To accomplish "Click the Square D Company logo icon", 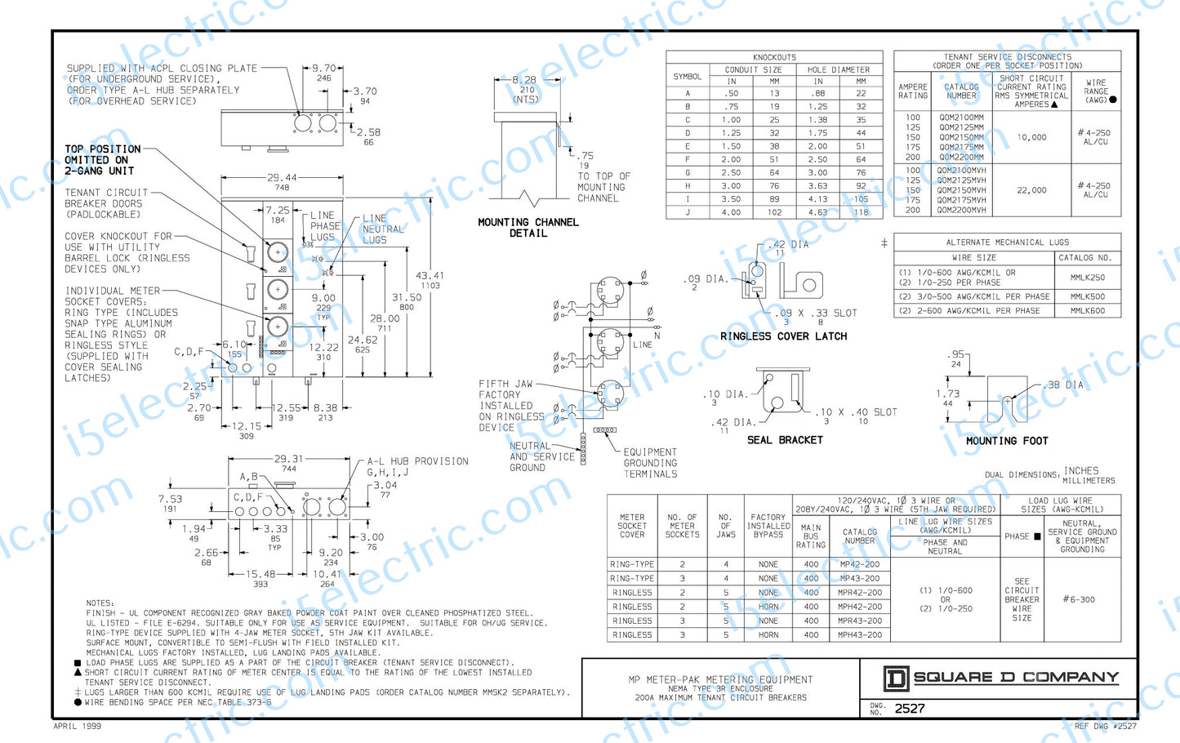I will [x=896, y=678].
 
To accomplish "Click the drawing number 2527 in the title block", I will [x=910, y=709].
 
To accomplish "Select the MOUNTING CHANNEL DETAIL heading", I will [x=528, y=228].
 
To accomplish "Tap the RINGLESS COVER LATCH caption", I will [x=783, y=336].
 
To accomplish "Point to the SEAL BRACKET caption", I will [x=785, y=440].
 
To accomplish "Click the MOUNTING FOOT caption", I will [x=1007, y=441].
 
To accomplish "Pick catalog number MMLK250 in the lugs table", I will [x=1087, y=278].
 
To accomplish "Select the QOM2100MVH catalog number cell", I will [x=961, y=171].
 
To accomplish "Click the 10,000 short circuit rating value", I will [x=1031, y=137].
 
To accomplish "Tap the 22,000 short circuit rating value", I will [x=1031, y=190].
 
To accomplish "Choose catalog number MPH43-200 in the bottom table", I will [x=859, y=635].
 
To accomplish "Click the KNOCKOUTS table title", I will [x=774, y=57].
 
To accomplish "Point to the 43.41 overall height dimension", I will [x=430, y=276].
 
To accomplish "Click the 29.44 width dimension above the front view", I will [x=282, y=177].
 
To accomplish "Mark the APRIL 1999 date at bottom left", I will [x=78, y=726].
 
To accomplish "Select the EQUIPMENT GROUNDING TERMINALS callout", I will [x=650, y=463].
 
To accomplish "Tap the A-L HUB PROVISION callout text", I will [x=417, y=461].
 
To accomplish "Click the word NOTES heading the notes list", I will [x=100, y=603].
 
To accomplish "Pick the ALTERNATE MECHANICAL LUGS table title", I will [x=1007, y=242].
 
